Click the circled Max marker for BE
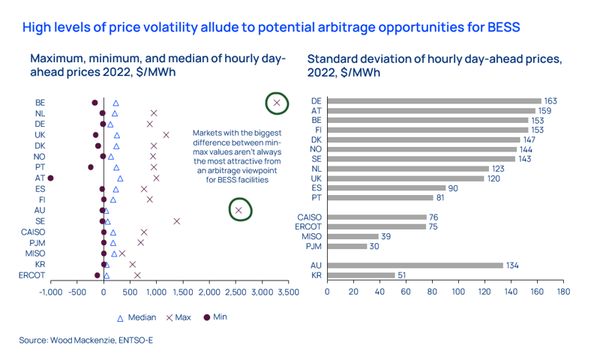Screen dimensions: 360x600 [277, 103]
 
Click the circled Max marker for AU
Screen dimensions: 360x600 [238, 211]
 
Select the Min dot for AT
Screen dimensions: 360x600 [51, 178]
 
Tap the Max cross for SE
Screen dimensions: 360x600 [177, 221]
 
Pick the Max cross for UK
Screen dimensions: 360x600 [166, 135]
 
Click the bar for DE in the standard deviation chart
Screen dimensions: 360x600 [433, 100]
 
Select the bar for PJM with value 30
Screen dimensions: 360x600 [347, 246]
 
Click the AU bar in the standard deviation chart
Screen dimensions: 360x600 [415, 265]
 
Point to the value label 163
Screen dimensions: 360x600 [550, 100]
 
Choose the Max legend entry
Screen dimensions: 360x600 [178, 318]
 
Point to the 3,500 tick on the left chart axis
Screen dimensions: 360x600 [287, 291]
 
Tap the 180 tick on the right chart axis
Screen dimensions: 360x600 [563, 291]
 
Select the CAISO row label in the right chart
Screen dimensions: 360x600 [310, 217]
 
